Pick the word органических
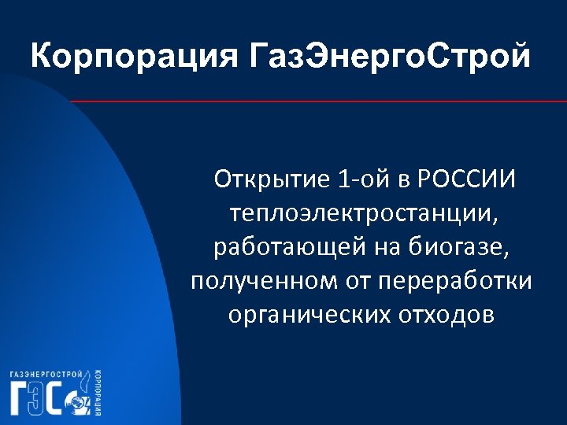tap(303, 314)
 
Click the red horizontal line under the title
tap(315, 102)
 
